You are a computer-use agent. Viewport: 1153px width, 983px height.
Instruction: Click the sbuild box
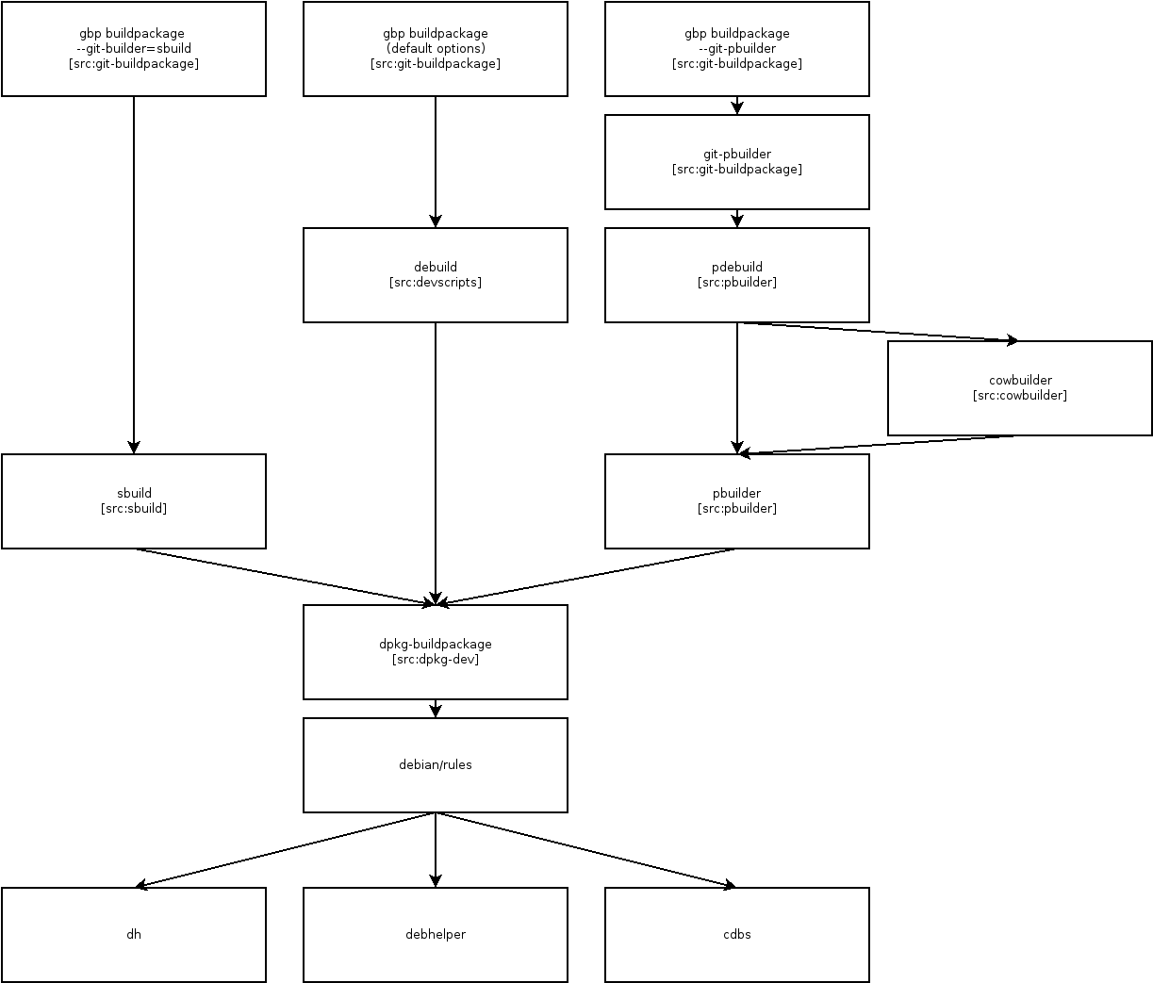[133, 500]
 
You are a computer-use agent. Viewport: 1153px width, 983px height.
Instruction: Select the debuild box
[435, 274]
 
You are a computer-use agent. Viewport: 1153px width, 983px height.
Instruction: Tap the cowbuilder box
[1019, 387]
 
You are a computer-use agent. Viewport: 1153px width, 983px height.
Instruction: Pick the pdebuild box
[736, 274]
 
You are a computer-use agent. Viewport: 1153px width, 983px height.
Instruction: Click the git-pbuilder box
[736, 161]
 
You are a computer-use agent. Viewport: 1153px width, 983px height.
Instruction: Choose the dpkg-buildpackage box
[435, 651]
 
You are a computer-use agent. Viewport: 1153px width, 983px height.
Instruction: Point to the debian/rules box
[435, 764]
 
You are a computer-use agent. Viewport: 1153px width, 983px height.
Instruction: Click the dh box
[133, 934]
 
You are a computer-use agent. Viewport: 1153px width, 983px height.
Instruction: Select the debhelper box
[435, 934]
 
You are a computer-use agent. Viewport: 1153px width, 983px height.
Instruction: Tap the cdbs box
[736, 934]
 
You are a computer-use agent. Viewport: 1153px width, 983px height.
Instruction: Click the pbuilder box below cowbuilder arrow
[736, 500]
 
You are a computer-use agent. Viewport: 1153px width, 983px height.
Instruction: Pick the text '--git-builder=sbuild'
[134, 48]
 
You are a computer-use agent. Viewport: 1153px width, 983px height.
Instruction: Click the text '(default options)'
[436, 48]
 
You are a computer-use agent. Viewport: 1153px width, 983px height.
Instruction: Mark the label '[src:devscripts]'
[436, 282]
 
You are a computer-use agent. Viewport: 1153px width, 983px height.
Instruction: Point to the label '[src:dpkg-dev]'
[436, 659]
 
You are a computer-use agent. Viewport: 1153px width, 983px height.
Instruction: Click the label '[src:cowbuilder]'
[1020, 395]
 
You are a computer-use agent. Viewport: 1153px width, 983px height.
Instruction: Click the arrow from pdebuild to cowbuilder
[877, 332]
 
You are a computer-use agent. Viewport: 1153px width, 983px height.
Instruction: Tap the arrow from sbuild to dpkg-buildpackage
[283, 576]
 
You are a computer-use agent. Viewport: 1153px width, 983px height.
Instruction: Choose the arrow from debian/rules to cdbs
[585, 850]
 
